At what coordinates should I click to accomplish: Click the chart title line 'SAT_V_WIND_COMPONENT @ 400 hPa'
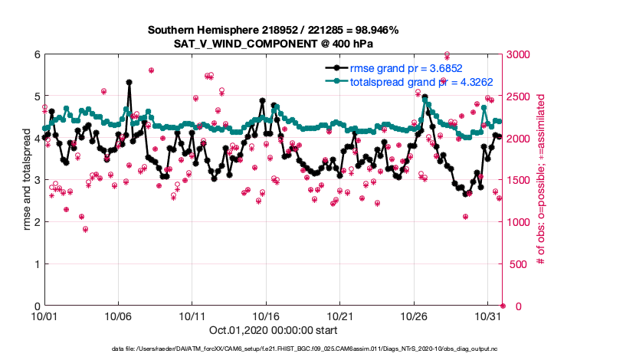pos(272,43)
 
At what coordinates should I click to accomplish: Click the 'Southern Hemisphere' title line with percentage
pos(272,30)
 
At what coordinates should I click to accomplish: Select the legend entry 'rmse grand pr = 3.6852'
pos(406,67)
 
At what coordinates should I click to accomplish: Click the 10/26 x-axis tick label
pos(415,316)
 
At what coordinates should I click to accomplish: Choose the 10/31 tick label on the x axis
pos(488,316)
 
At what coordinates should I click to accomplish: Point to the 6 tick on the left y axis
pos(35,54)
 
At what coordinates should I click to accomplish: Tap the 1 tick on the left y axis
pos(35,264)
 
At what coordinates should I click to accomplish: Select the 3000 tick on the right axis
pos(520,54)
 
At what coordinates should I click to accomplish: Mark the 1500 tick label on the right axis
pos(520,180)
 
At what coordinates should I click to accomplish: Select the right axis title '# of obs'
pos(541,180)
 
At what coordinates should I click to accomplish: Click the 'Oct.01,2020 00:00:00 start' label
pos(272,331)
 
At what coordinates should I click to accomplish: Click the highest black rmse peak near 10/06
pos(129,82)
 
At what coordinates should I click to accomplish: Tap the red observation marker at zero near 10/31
pos(503,306)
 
